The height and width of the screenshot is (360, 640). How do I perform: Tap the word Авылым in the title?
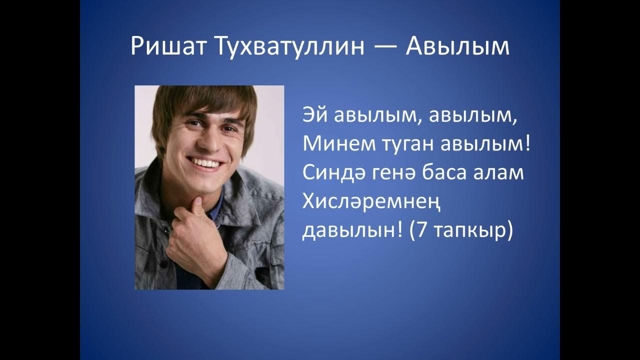click(x=457, y=47)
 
